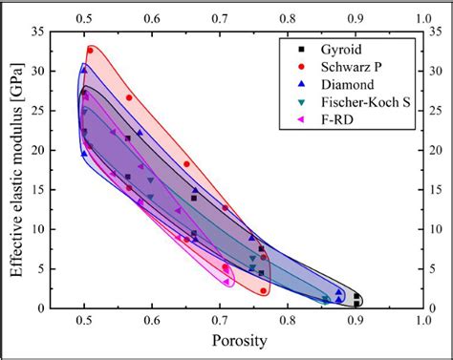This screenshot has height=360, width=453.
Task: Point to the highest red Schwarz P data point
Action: point(91,51)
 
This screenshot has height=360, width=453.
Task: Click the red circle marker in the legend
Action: point(301,67)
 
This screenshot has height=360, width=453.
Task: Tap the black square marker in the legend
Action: point(301,49)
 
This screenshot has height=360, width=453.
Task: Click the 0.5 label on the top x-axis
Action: point(84,16)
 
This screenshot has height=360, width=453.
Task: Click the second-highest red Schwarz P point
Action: point(129,97)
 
